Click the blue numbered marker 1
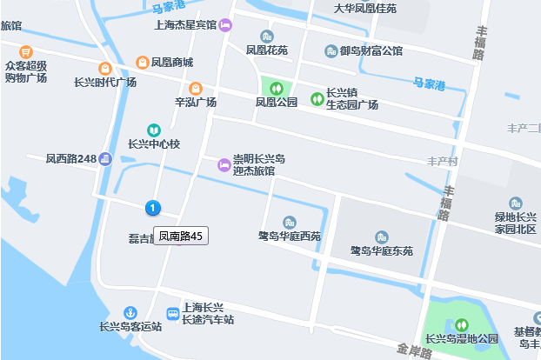click(x=153, y=208)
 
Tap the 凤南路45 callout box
click(x=181, y=235)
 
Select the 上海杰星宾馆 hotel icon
click(x=225, y=25)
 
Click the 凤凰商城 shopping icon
click(x=143, y=62)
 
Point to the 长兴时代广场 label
click(x=105, y=82)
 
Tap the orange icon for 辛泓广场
click(x=196, y=88)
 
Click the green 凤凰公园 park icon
click(x=276, y=87)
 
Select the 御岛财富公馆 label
click(x=371, y=51)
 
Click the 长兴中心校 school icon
click(x=154, y=130)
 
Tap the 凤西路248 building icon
click(x=105, y=158)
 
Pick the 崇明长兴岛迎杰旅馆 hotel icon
click(x=224, y=163)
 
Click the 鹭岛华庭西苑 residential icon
click(x=290, y=222)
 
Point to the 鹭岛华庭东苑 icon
click(x=381, y=237)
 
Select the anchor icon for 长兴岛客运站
click(x=130, y=312)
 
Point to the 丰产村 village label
click(x=443, y=162)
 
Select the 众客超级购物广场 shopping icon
click(x=26, y=51)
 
